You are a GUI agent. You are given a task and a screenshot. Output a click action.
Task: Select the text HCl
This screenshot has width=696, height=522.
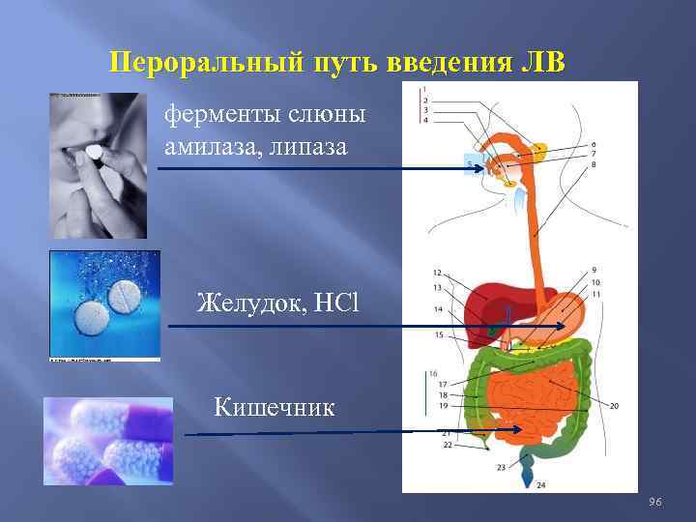pyautogui.click(x=336, y=303)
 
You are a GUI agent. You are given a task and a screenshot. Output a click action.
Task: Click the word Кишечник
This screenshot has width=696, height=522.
pyautogui.click(x=275, y=406)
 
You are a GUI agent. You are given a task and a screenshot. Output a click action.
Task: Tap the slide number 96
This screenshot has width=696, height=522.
pyautogui.click(x=654, y=501)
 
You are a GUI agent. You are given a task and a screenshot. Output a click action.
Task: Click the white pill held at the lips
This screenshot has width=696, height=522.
pyautogui.click(x=95, y=153)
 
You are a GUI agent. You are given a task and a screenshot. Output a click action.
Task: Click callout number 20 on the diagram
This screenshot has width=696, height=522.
pyautogui.click(x=614, y=406)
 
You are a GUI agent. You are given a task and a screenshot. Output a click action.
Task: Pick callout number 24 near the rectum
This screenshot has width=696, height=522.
pyautogui.click(x=540, y=483)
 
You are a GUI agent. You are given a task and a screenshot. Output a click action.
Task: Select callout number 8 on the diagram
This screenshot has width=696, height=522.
pyautogui.click(x=594, y=165)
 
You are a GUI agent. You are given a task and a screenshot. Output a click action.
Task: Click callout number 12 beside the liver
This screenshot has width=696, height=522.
pyautogui.click(x=437, y=274)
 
